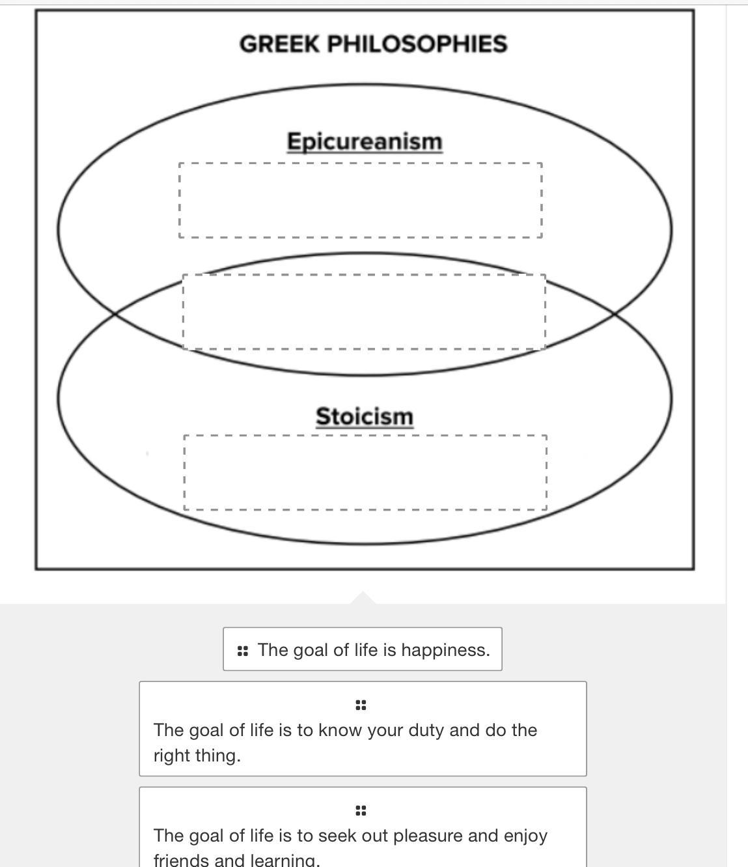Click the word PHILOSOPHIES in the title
pyautogui.click(x=417, y=44)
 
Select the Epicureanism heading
pyautogui.click(x=365, y=141)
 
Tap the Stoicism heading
pyautogui.click(x=365, y=416)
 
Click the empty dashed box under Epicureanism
pyautogui.click(x=361, y=200)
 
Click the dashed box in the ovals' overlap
pyautogui.click(x=364, y=312)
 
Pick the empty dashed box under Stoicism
pyautogui.click(x=365, y=472)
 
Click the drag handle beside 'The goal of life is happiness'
pyautogui.click(x=243, y=650)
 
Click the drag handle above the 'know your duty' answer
pyautogui.click(x=361, y=705)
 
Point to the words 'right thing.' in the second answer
pyautogui.click(x=197, y=756)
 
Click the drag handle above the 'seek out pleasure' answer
pyautogui.click(x=361, y=810)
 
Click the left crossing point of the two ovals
pyautogui.click(x=115, y=314)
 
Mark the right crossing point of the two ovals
pyautogui.click(x=614, y=314)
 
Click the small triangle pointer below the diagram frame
pyautogui.click(x=363, y=598)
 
